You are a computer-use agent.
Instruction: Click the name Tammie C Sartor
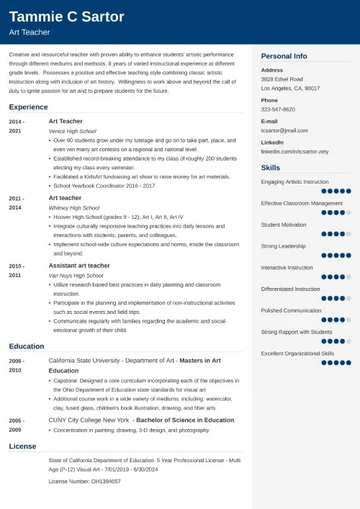pos(67,17)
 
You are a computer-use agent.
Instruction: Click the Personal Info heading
pos(284,56)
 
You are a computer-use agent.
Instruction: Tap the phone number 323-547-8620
pos(278,109)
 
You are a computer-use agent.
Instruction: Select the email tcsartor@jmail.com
pos(284,130)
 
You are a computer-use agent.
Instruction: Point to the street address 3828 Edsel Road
pos(282,78)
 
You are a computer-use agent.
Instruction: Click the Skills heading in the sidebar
pos(271,168)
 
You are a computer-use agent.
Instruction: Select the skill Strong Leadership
pos(284,246)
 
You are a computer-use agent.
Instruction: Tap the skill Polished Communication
pos(290,310)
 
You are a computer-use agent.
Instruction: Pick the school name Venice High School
pos(72,131)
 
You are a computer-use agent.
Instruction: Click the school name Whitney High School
pos(73,207)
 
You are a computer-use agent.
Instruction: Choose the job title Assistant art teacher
pos(78,266)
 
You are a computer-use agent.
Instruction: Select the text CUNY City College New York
pos(89,420)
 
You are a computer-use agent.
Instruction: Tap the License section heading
pos(22,446)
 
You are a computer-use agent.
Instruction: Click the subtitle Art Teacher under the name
pos(25,32)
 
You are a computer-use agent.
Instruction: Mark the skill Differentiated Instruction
pos(290,289)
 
